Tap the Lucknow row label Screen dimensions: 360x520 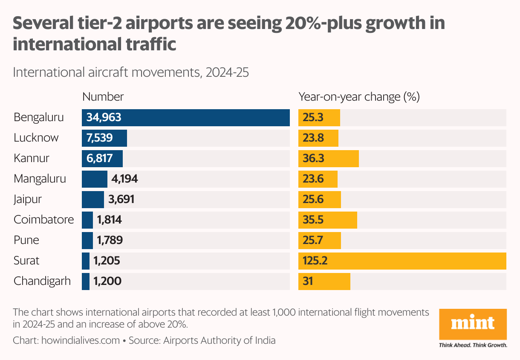(36, 138)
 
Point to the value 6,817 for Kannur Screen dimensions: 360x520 (99, 159)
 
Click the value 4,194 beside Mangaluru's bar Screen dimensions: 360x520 (124, 179)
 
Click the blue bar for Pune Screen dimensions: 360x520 (87, 241)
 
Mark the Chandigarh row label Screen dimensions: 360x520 (42, 282)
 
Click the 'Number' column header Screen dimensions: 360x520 (103, 97)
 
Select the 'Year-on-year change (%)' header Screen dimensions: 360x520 (359, 97)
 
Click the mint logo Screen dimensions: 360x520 (473, 324)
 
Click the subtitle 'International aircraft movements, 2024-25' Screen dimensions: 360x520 (131, 73)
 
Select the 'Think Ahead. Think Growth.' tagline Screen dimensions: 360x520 (473, 345)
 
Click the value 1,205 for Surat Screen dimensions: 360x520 (108, 261)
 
